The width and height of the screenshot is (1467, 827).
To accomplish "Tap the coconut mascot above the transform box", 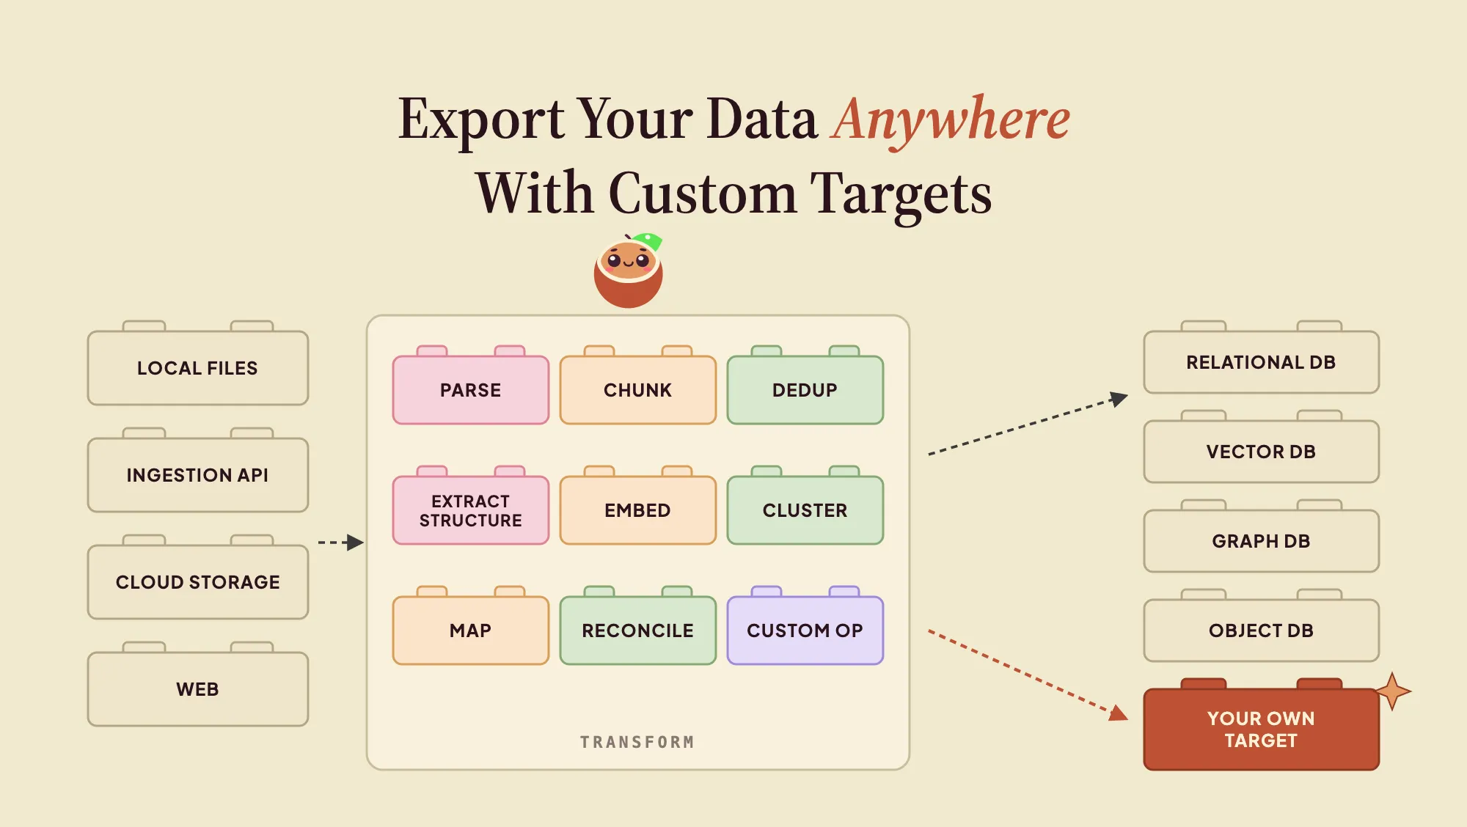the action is [629, 270].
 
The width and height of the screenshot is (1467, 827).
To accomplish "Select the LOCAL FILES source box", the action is [198, 364].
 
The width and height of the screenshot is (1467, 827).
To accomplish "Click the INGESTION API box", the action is [198, 471].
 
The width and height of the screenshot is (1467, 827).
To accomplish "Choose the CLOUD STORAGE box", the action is [198, 578].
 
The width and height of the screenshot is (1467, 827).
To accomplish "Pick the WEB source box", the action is [198, 685].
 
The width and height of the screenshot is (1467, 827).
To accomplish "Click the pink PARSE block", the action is [471, 386].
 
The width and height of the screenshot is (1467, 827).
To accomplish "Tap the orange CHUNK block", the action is [638, 386].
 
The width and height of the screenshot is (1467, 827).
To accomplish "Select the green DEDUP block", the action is [805, 386].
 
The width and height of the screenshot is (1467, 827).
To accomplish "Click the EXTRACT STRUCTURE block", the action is [471, 506].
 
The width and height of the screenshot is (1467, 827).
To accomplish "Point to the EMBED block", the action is [638, 506].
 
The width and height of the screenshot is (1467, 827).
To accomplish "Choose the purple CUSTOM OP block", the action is [805, 626].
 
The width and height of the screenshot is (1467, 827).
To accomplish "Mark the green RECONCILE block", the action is [638, 626].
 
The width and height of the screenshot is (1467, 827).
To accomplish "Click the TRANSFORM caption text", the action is [637, 742].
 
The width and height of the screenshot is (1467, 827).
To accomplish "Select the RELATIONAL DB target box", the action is [1262, 358].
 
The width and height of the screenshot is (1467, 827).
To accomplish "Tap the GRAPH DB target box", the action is [1262, 537].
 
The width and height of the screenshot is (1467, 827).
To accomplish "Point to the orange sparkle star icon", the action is [1392, 691].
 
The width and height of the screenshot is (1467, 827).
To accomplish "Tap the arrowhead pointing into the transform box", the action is [355, 543].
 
